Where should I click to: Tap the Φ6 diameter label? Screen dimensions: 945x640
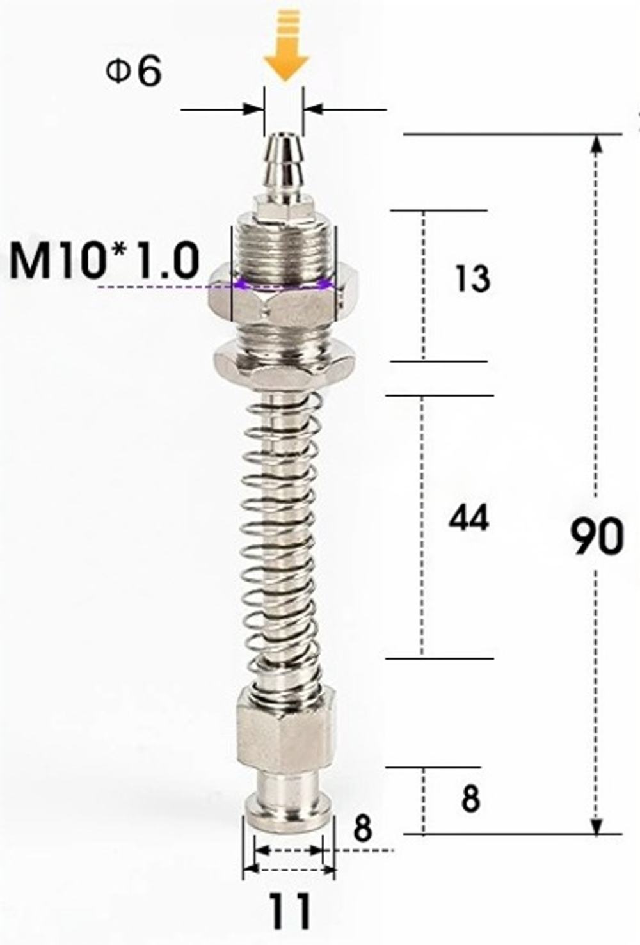click(134, 72)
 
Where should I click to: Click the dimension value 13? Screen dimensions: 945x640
click(472, 279)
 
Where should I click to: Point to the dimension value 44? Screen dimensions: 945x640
click(468, 518)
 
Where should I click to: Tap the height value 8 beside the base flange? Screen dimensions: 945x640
click(470, 799)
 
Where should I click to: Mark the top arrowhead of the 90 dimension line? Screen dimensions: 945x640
click(596, 143)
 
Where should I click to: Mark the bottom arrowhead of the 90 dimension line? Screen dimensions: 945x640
click(596, 826)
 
